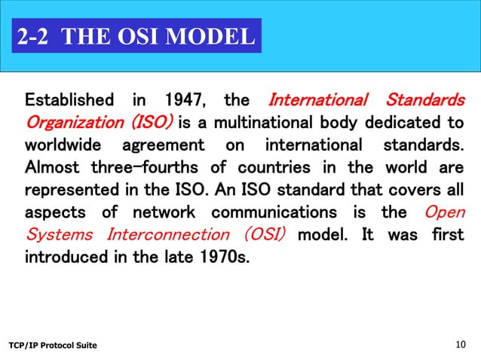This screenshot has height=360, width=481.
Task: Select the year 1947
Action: coord(178,100)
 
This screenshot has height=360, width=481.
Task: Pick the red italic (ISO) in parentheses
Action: coord(152,122)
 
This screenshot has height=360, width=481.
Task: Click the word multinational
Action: coord(256,122)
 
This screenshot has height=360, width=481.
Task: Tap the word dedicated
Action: coord(400,122)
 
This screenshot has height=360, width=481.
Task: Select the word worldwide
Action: coord(66,144)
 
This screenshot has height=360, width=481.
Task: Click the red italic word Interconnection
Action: coord(160,232)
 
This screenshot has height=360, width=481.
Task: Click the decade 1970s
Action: coord(224,255)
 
